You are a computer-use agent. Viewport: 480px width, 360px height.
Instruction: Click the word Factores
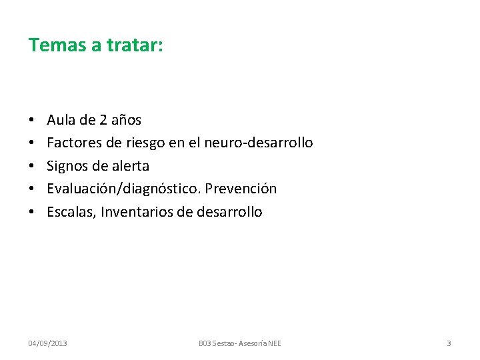click(75, 143)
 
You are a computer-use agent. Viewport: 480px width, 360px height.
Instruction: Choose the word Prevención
click(241, 189)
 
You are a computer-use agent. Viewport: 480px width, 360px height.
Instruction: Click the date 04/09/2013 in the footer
click(47, 343)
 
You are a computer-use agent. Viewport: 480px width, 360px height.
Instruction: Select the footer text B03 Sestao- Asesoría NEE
click(240, 343)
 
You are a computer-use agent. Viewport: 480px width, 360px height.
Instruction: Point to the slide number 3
click(449, 343)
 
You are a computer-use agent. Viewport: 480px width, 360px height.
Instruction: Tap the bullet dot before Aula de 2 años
click(31, 121)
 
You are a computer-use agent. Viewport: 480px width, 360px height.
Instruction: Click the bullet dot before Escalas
click(31, 213)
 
